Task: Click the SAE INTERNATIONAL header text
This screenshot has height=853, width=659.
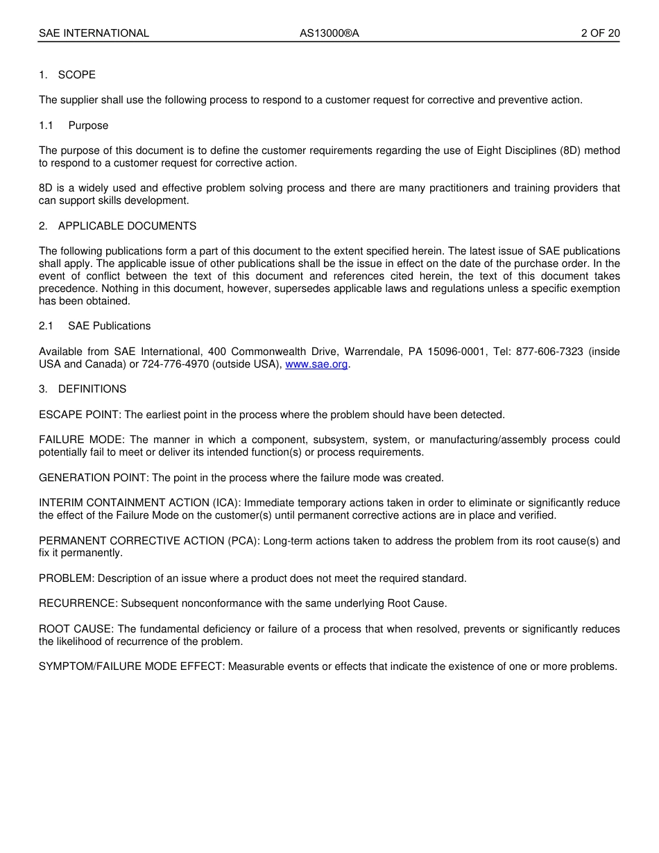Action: point(94,33)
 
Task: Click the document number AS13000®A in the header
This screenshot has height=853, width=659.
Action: point(329,33)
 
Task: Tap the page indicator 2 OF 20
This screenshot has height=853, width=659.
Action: point(600,33)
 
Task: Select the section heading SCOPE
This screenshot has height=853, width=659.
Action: point(77,75)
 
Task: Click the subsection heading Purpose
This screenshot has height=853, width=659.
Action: point(88,126)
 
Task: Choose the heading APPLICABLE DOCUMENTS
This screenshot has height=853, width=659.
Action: point(127,226)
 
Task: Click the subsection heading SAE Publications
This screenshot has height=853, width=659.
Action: point(109,326)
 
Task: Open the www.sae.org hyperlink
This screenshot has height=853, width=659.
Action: point(316,364)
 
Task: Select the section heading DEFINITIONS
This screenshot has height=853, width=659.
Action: point(92,389)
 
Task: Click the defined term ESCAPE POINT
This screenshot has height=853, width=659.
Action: point(79,415)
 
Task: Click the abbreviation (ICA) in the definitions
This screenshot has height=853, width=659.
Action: point(225,503)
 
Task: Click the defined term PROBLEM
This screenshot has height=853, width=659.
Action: point(66,578)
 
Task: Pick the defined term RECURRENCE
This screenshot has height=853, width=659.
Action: point(78,603)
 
